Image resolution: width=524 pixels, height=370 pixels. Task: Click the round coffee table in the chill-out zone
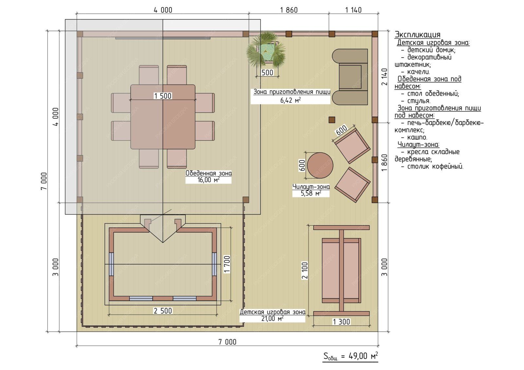(x=320, y=165)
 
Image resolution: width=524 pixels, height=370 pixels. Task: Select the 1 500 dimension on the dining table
(x=163, y=96)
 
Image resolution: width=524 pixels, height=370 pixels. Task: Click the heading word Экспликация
(x=417, y=35)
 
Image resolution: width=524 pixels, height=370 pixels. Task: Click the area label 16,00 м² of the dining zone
(x=209, y=180)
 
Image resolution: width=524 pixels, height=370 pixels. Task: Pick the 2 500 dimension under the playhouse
(x=163, y=311)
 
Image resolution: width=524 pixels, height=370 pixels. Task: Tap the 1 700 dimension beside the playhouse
(x=227, y=264)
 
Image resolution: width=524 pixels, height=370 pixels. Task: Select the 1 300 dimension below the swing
(x=341, y=322)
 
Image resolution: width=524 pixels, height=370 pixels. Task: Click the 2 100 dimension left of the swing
(x=305, y=271)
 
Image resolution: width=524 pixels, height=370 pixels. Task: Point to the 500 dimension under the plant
(x=267, y=73)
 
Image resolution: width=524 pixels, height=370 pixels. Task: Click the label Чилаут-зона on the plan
(x=311, y=187)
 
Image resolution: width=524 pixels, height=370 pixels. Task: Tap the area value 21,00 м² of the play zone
(x=272, y=318)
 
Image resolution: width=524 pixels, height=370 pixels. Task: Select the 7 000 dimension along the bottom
(x=227, y=342)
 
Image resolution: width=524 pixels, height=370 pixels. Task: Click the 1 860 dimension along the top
(x=289, y=10)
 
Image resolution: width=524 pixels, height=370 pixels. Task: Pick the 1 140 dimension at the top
(x=353, y=10)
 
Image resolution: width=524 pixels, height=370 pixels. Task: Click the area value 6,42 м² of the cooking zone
(x=290, y=100)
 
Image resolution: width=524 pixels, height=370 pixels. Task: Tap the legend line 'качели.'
(x=416, y=72)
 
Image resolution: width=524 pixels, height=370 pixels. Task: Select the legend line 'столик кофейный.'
(x=432, y=167)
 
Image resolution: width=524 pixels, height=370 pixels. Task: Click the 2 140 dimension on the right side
(x=384, y=77)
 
